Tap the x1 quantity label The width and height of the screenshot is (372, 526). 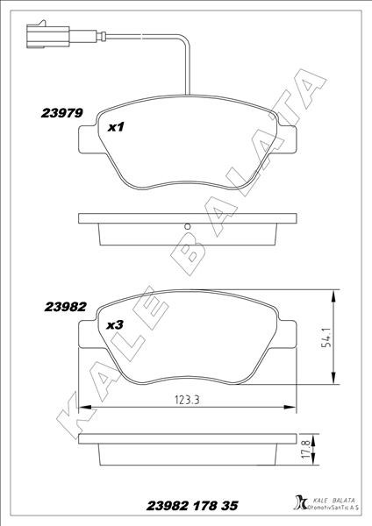tap(116, 128)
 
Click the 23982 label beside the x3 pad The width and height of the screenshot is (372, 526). tap(62, 307)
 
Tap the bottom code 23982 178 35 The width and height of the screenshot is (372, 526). tap(186, 506)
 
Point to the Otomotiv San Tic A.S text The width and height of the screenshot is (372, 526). tap(333, 508)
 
